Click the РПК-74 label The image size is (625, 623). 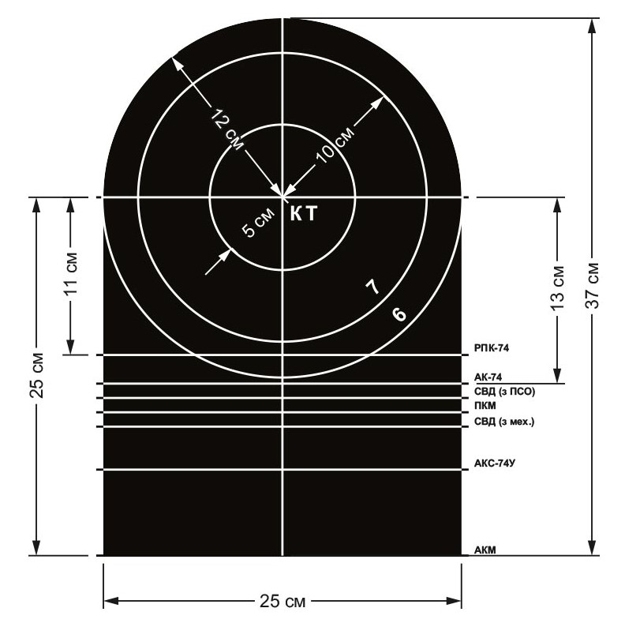[492, 348]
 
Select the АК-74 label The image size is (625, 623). [488, 377]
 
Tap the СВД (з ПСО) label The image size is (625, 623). [504, 392]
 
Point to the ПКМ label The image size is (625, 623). [485, 406]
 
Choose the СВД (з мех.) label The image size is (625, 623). [504, 421]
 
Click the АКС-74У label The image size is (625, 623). [495, 463]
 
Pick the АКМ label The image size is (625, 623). [485, 550]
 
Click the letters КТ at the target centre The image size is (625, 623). [303, 214]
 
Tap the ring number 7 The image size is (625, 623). [373, 287]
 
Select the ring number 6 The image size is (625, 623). [399, 314]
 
